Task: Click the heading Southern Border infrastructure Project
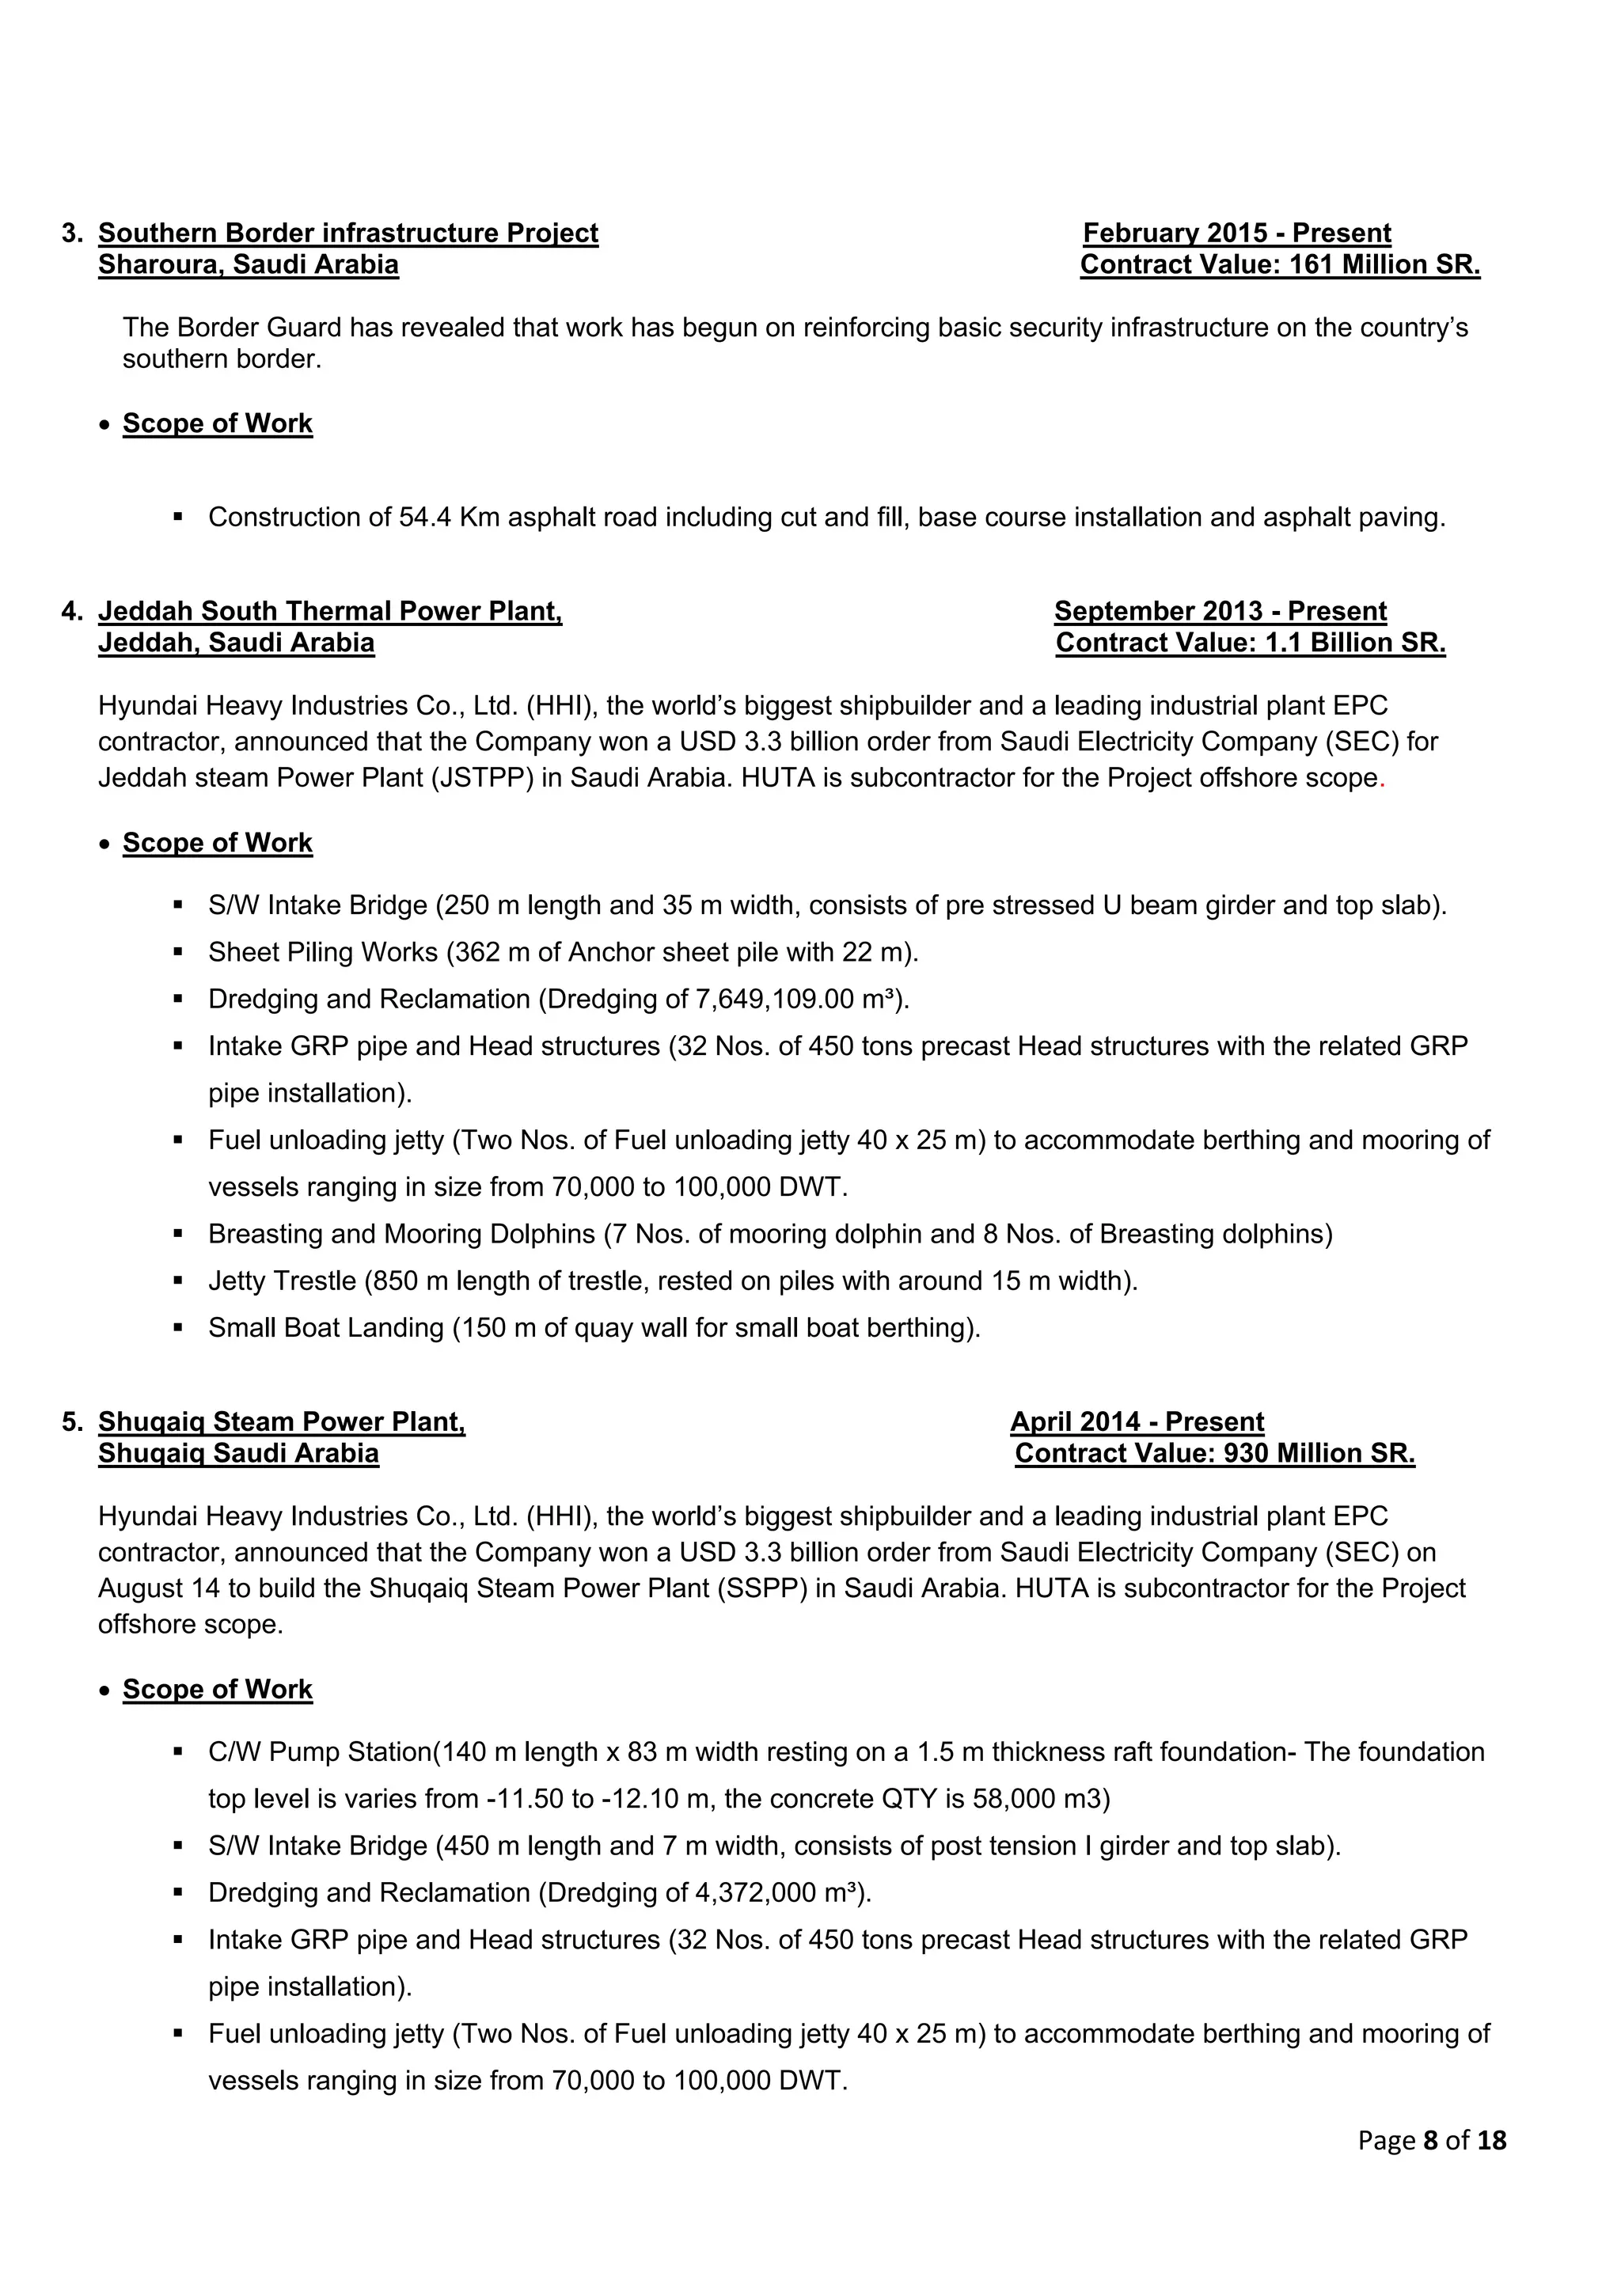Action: [x=347, y=233]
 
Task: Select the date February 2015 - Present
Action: [x=1236, y=233]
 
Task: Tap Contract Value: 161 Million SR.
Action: [x=1280, y=264]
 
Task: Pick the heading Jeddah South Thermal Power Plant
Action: [x=329, y=611]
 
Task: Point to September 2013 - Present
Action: [x=1220, y=611]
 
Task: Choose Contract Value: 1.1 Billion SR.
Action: [x=1250, y=642]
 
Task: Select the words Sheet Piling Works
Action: [x=322, y=952]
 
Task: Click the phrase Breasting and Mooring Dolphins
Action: [x=401, y=1234]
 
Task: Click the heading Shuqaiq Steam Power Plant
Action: [x=282, y=1421]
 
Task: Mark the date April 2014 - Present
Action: [x=1137, y=1421]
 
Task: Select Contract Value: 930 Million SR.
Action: [x=1215, y=1452]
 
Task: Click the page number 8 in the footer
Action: [x=1430, y=2140]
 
